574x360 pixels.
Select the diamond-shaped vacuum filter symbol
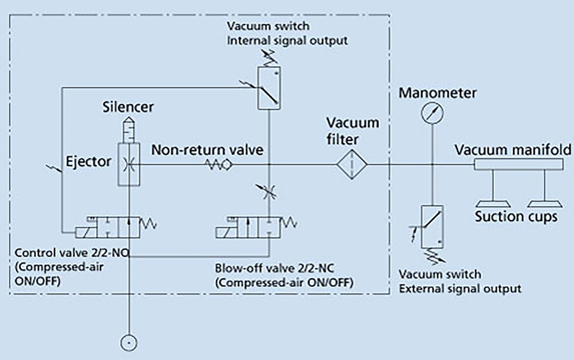[351, 164]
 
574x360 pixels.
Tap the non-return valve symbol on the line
[221, 164]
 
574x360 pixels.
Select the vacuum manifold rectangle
[519, 164]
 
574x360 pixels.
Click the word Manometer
[438, 92]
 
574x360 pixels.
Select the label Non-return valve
[207, 150]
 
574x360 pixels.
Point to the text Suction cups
[516, 216]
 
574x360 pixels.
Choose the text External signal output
[460, 288]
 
